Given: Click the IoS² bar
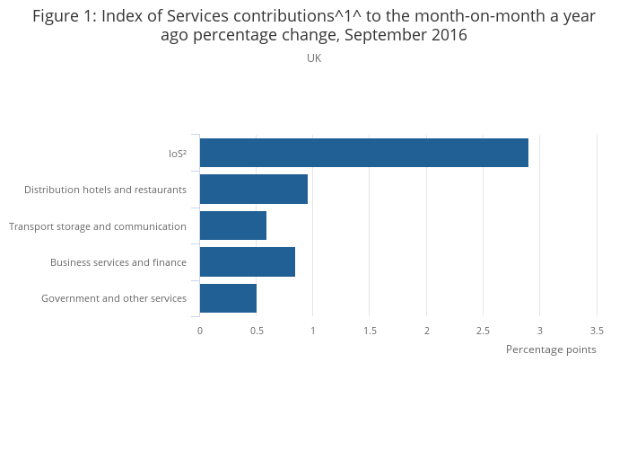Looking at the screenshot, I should tap(363, 153).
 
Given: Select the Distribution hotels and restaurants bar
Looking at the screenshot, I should tap(253, 190).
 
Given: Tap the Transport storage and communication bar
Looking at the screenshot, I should tap(232, 225).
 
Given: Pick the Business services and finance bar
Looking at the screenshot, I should tap(247, 261).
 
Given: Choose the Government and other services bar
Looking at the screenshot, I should tap(228, 298).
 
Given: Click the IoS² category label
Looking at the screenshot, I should tap(177, 154).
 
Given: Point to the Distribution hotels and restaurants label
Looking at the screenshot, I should tap(105, 190).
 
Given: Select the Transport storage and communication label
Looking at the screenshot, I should tap(98, 226).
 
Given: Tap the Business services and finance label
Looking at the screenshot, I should tap(118, 262).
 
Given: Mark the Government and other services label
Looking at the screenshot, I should tap(114, 298).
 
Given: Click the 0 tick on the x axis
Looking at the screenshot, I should tap(200, 331).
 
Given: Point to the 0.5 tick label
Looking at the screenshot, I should tap(257, 331).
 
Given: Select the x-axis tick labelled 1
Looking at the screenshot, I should tap(313, 331).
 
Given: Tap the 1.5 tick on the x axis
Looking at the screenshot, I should tap(370, 331).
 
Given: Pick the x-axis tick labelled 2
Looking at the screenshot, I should tap(427, 331).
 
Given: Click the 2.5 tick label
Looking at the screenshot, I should tap(484, 331).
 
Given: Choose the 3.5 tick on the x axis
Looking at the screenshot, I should tap(597, 331).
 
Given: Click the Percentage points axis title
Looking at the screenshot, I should tap(551, 349).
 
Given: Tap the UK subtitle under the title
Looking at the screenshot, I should tap(314, 58).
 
